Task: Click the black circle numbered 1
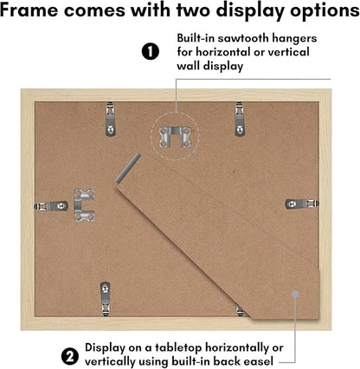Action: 151,51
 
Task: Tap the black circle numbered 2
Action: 70,357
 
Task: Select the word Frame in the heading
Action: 29,10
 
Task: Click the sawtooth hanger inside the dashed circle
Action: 175,137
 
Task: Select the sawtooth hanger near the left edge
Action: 85,205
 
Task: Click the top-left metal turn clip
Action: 111,119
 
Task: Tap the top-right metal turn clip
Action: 240,120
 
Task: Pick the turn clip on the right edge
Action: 302,204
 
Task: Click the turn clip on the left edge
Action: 51,206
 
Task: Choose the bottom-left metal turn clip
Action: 106,299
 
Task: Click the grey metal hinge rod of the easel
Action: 128,168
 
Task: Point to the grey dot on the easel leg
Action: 295,295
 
